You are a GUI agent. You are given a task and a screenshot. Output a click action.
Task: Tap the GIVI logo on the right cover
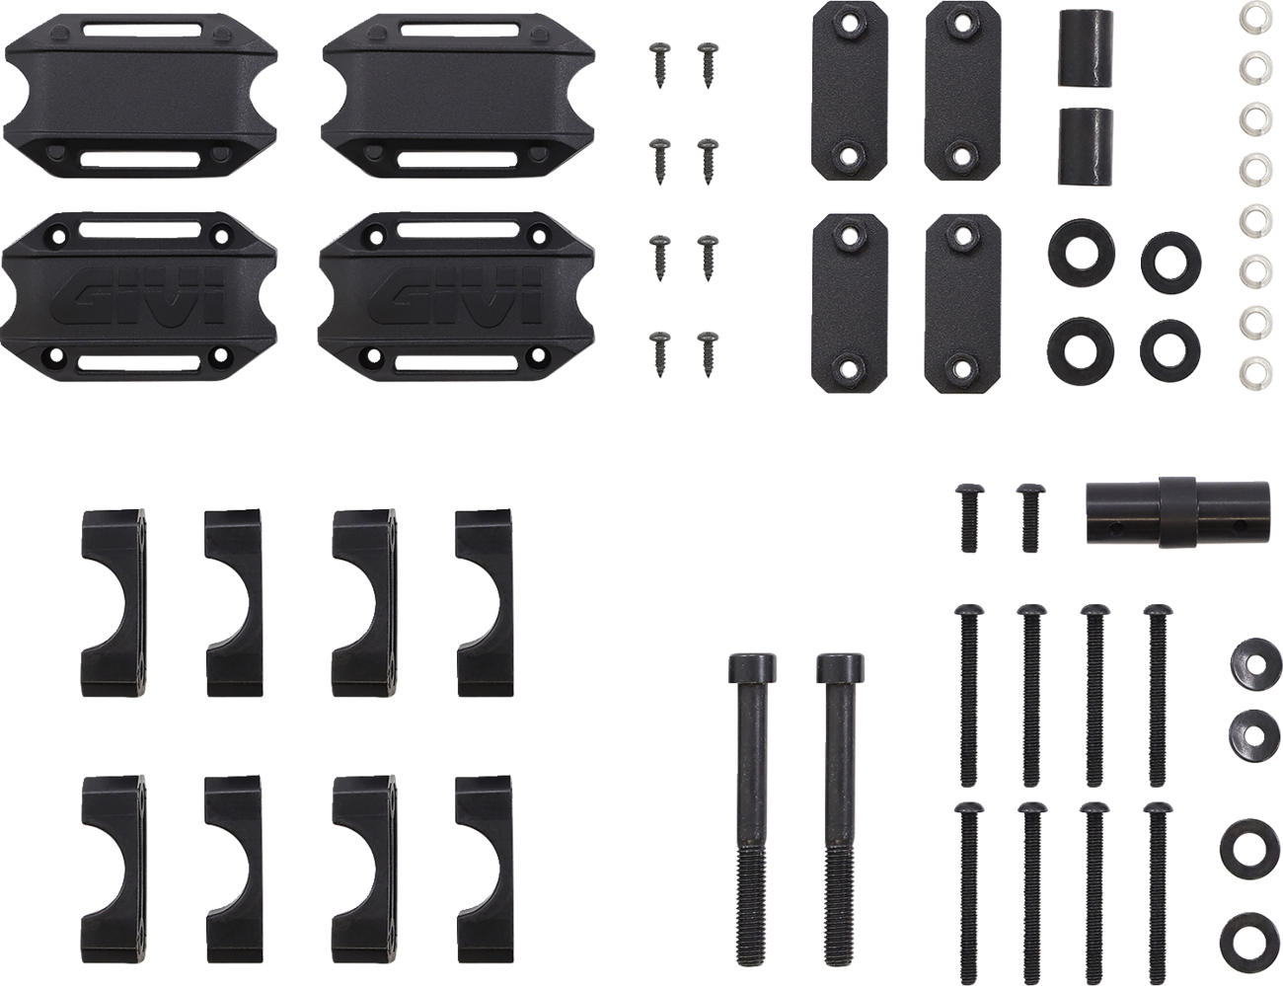(456, 297)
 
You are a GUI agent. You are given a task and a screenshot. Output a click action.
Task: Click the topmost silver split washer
(1252, 11)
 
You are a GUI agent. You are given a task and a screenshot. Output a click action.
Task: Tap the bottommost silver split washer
(1252, 369)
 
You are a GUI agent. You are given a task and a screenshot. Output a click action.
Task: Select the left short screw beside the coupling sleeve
(968, 518)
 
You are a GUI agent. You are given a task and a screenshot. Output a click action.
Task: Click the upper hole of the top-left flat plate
(850, 24)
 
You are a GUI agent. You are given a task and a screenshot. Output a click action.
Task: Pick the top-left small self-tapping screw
(659, 64)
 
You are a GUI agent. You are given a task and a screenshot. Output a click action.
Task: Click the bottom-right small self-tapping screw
(708, 354)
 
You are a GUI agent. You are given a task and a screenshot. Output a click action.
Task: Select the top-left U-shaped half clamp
(113, 602)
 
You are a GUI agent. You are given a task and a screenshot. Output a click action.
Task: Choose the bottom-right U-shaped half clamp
(485, 871)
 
